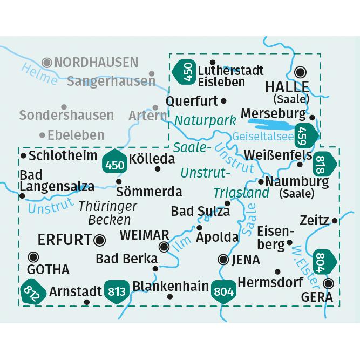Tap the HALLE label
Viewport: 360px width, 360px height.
click(x=286, y=87)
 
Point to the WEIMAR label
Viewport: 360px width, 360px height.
click(x=144, y=235)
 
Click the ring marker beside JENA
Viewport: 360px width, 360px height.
click(x=222, y=260)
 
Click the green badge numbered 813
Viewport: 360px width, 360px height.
click(x=117, y=291)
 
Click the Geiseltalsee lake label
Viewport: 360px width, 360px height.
click(x=263, y=137)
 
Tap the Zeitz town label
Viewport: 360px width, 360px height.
click(x=316, y=220)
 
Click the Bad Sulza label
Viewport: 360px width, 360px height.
click(x=200, y=211)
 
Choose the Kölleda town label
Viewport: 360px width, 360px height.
click(x=152, y=159)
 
